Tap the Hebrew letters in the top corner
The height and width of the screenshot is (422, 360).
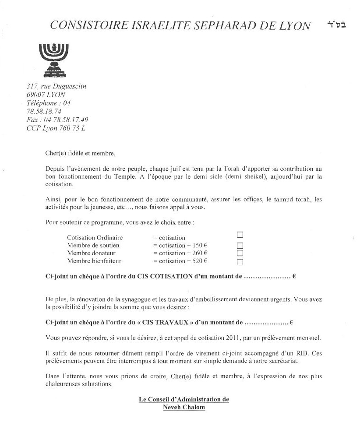coord(336,25)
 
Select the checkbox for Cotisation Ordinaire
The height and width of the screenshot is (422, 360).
coord(240,235)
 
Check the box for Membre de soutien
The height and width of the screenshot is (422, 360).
coord(240,245)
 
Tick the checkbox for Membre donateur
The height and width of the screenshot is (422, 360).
coord(240,253)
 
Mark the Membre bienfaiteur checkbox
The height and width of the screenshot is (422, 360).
coord(240,263)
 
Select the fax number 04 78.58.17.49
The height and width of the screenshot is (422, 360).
coord(65,120)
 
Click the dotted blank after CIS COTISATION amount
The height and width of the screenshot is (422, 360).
coord(267,277)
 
